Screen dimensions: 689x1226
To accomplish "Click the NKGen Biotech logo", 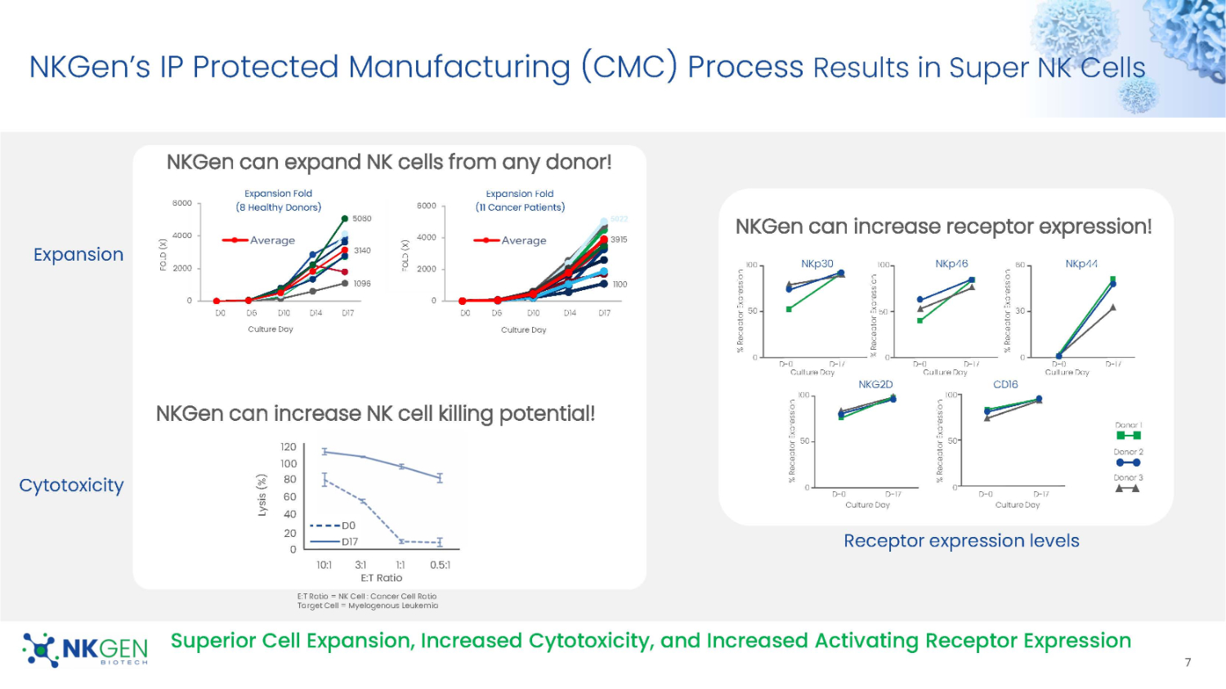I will click(x=85, y=650).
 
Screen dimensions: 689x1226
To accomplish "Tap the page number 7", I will click(x=1188, y=662).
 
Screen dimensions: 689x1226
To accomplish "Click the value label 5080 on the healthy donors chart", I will click(x=362, y=219).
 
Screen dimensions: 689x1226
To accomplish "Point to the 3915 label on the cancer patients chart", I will click(x=619, y=239).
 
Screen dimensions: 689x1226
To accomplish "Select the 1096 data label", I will click(x=362, y=284).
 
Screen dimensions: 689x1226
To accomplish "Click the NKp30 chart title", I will click(x=817, y=264).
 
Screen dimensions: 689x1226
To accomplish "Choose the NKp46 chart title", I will click(x=951, y=264).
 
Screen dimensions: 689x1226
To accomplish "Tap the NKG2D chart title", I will click(x=875, y=384).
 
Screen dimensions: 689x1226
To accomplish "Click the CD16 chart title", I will click(x=1005, y=384).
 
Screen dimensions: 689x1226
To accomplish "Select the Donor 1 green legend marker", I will click(x=1128, y=436).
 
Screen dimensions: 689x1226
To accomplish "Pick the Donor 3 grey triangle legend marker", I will click(x=1128, y=489).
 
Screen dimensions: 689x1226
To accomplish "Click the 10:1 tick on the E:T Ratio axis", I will click(x=324, y=565).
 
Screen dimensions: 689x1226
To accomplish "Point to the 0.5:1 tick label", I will click(x=440, y=565).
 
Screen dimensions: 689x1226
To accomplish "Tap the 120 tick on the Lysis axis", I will click(x=289, y=447).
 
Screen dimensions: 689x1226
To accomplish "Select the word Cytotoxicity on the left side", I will click(x=72, y=485).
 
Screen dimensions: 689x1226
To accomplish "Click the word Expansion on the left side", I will click(x=78, y=255).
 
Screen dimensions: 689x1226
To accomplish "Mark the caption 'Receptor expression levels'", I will click(x=961, y=541).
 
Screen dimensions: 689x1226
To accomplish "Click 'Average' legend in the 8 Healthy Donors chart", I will click(x=272, y=240).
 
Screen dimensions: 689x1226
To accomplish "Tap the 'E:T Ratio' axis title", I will click(x=382, y=578).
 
